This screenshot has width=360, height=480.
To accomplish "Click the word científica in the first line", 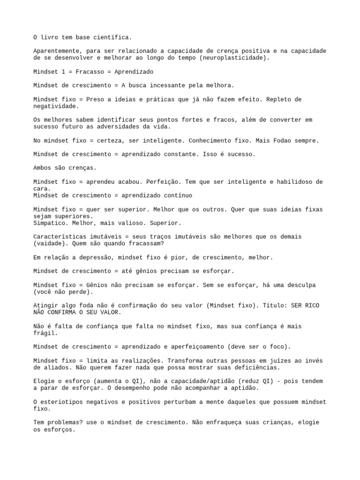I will [114, 37].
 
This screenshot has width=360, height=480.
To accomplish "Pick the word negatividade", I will [54, 106].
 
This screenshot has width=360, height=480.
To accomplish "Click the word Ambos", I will [42, 168].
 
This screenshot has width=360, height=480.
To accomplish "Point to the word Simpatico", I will [49, 223].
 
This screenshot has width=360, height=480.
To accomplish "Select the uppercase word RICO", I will [311, 306].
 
